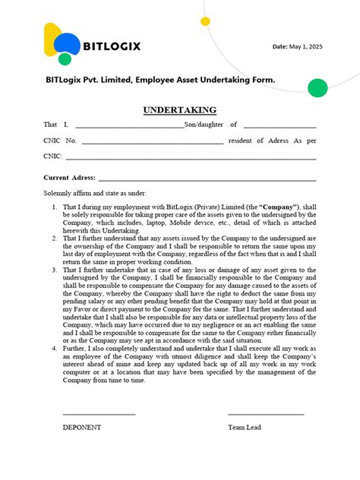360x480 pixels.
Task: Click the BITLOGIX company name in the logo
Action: tap(112, 46)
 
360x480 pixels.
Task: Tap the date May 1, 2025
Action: tap(297, 47)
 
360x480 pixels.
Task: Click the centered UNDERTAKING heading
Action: tap(179, 110)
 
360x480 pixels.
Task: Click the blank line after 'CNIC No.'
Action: tap(152, 143)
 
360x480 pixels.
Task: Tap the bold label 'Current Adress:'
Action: tap(69, 177)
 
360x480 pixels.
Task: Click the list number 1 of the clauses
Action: tap(54, 207)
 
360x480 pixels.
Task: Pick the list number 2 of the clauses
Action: tap(54, 238)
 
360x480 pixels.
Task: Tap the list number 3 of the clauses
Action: tap(54, 270)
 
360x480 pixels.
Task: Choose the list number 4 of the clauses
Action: tap(54, 349)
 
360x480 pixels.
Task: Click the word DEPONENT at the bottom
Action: tap(81, 427)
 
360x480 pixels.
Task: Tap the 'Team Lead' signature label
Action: tap(245, 427)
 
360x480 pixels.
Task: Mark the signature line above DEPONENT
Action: tap(99, 414)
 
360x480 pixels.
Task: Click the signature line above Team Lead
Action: tap(266, 414)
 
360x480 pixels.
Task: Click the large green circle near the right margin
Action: tap(318, 87)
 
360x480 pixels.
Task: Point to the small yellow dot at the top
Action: tap(206, 21)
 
